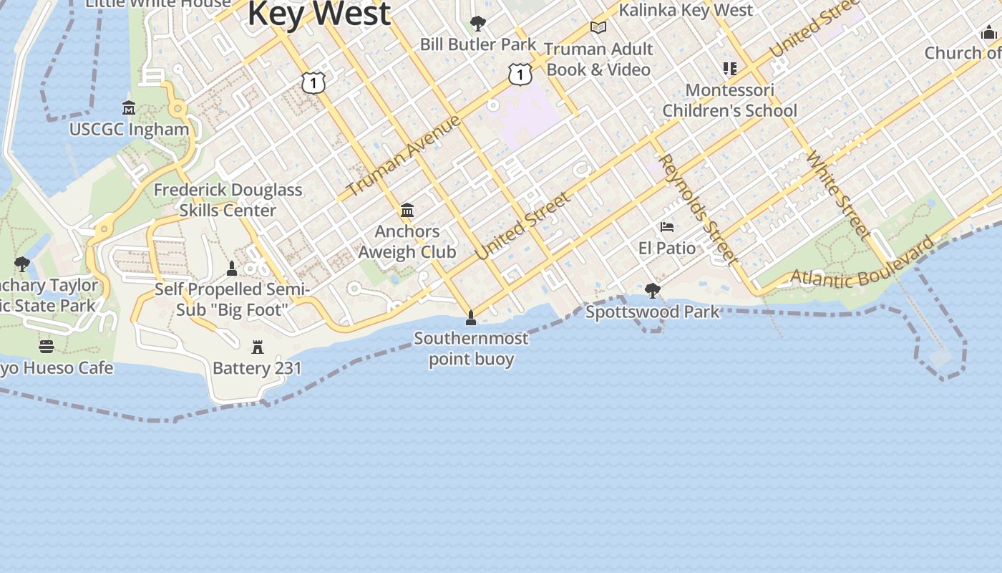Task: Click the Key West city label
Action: (319, 13)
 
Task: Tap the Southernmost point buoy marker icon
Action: (471, 317)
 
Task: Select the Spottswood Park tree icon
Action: (652, 290)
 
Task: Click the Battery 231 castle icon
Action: (258, 347)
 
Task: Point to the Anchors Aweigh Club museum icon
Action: (407, 210)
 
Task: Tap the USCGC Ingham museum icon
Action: (129, 108)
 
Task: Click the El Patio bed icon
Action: (667, 227)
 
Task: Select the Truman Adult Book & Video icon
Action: (598, 27)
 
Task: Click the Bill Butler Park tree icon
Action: (477, 24)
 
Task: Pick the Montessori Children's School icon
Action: (729, 69)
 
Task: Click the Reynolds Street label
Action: (698, 208)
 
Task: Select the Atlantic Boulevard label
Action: (862, 261)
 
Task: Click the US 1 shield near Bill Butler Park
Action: (520, 74)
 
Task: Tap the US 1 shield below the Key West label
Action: (313, 83)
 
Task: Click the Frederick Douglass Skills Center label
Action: (228, 200)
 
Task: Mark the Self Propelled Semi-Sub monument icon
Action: (231, 269)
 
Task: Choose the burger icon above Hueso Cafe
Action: (47, 347)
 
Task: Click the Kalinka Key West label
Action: (686, 10)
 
